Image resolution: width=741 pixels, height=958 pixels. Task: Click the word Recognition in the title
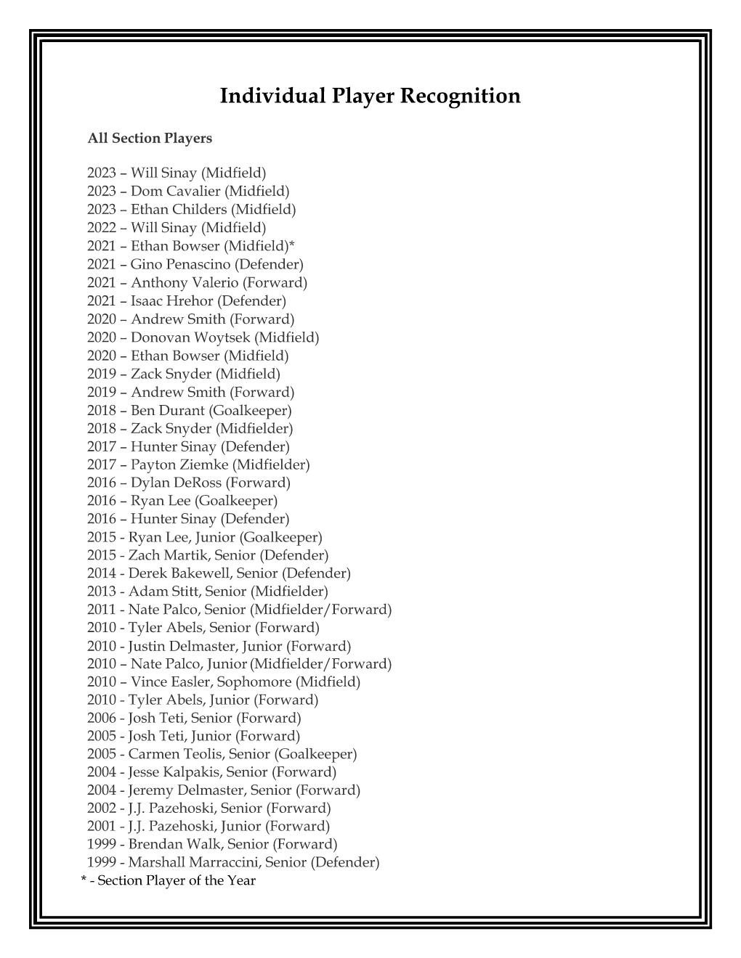pos(460,96)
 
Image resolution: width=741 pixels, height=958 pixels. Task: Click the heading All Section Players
pos(150,138)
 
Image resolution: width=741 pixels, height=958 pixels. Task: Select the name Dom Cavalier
pos(175,191)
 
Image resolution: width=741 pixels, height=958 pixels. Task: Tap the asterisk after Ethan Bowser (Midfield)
pos(291,245)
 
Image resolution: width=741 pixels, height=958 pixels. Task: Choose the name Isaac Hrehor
pos(172,300)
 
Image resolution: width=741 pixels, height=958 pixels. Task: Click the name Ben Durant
pos(168,410)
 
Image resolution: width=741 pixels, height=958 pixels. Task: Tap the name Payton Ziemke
pos(179,464)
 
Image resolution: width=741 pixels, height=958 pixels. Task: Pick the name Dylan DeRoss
pos(176,483)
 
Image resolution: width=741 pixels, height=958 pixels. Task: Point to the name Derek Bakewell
pos(174,573)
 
